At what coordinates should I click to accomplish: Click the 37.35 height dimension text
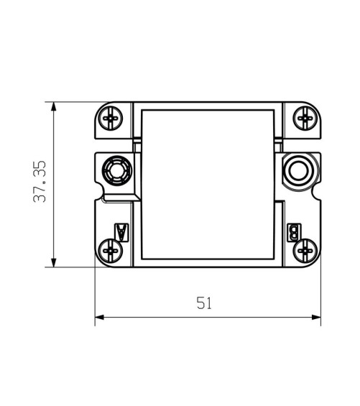coord(40,182)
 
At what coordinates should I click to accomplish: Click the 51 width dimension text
coord(204,303)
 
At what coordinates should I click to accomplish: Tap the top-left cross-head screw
coord(111,119)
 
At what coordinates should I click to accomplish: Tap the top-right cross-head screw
coord(305,119)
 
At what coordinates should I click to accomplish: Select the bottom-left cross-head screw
coord(111,251)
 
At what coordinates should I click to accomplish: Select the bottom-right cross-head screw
coord(305,251)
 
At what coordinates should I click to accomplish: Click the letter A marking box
coord(121,233)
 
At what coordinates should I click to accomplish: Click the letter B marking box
coord(294,233)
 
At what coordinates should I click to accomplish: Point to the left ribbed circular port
coord(117,170)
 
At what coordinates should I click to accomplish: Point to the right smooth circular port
coord(299,171)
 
